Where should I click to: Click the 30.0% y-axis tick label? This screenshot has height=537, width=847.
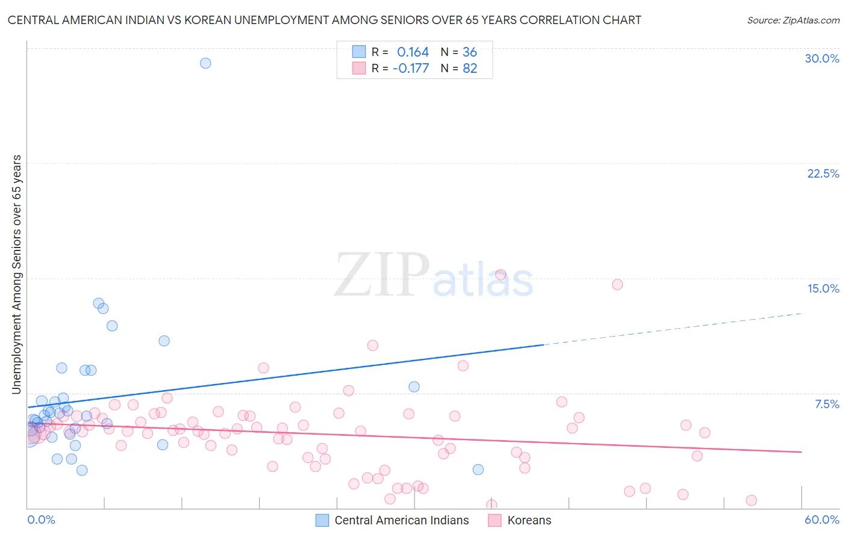(822, 58)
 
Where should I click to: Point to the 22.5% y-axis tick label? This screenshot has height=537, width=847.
(823, 173)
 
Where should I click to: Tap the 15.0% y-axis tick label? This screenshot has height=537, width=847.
(823, 288)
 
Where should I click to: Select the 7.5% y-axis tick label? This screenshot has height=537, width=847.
(827, 404)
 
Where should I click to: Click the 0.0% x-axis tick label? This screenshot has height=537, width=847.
(41, 520)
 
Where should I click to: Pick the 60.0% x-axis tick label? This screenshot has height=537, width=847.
(821, 520)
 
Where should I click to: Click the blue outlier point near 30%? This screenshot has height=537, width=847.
(205, 63)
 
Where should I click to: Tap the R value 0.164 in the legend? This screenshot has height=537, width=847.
(413, 52)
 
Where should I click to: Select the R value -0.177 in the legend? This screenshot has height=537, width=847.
(410, 68)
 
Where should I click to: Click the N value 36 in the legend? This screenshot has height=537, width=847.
(470, 52)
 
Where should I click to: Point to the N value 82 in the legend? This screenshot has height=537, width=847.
(470, 68)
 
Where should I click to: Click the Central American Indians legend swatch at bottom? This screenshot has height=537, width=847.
(322, 520)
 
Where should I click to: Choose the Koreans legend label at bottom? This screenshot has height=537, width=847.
(529, 520)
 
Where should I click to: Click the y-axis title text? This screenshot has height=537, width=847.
(16, 275)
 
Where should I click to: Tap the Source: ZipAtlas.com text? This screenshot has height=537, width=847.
(793, 20)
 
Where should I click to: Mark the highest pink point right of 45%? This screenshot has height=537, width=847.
(617, 284)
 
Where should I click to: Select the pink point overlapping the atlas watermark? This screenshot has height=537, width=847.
(500, 275)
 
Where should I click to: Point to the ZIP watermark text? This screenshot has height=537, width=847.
(381, 275)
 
